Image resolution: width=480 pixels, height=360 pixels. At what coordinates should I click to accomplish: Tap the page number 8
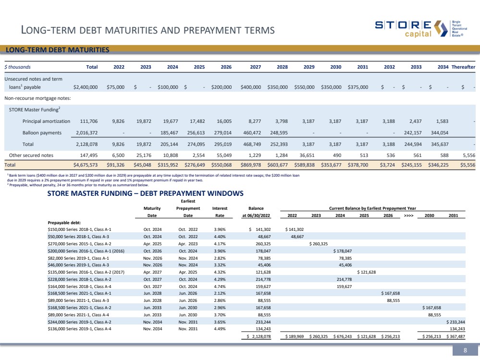(x=465, y=350)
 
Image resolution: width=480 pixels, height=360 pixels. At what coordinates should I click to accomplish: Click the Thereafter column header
(x=463, y=67)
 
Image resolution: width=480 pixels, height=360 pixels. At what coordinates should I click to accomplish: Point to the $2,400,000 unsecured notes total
(x=86, y=87)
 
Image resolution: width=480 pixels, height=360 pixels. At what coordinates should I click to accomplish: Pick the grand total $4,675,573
(x=86, y=165)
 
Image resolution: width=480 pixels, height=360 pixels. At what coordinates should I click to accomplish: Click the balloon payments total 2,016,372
(x=86, y=132)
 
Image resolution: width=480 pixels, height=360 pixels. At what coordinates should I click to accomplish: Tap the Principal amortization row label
(x=46, y=121)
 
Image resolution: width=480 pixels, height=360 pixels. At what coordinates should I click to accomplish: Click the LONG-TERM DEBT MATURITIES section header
(x=57, y=50)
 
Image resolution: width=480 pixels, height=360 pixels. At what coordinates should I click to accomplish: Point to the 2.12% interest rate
(x=220, y=293)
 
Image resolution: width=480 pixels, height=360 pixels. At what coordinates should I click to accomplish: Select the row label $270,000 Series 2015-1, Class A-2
(x=79, y=243)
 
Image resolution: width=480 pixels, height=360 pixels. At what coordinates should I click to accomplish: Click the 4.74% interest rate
(x=220, y=286)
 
